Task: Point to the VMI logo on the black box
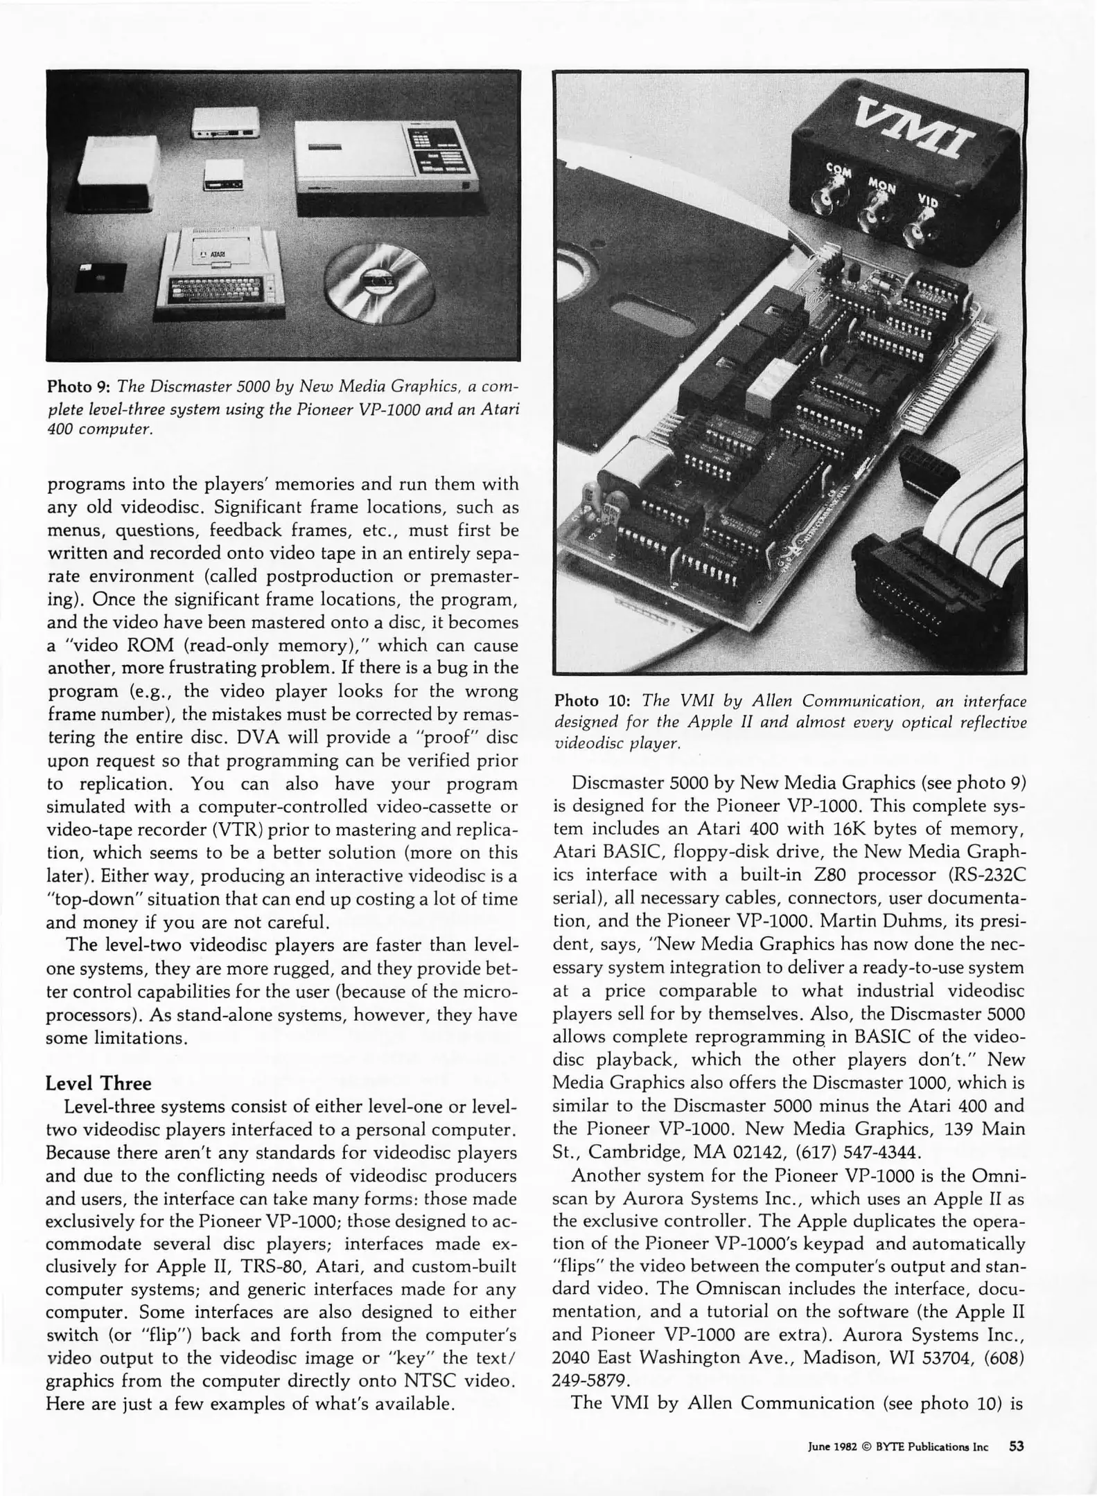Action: point(913,130)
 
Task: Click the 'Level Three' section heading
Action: point(98,1083)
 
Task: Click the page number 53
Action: point(1017,1446)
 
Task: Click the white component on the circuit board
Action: point(766,384)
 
